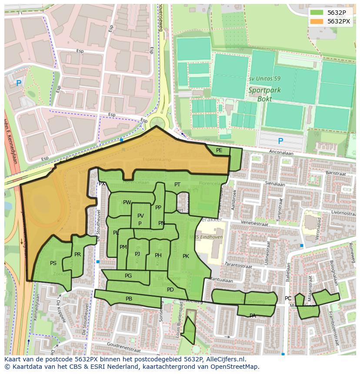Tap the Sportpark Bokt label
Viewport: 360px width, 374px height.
(264, 94)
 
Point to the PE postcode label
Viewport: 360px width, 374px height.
(219, 150)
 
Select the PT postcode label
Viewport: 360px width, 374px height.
(177, 185)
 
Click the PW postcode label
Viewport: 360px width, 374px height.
(127, 202)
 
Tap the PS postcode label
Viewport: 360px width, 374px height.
(53, 263)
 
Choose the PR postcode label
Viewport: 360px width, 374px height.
(77, 255)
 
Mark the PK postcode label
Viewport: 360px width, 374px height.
(186, 256)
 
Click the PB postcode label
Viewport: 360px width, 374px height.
(129, 299)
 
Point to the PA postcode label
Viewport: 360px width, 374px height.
(253, 316)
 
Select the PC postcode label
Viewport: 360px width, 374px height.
(288, 298)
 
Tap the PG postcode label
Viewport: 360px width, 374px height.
(128, 276)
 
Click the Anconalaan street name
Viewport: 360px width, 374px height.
(281, 153)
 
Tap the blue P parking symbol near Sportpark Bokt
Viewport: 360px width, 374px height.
(280, 141)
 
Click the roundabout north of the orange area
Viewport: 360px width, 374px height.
(157, 121)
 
